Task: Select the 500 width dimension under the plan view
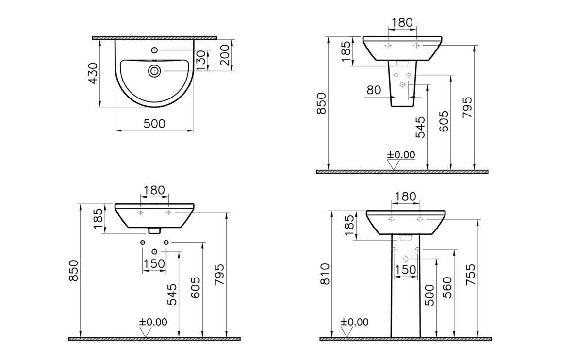(154, 124)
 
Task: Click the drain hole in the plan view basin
(154, 71)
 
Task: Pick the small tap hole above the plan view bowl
(154, 50)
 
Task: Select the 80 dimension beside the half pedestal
(374, 90)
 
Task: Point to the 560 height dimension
(447, 287)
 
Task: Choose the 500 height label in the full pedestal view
(429, 295)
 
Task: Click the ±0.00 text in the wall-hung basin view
(153, 322)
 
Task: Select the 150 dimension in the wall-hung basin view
(154, 263)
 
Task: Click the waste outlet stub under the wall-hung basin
(154, 231)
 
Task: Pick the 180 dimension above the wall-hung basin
(154, 190)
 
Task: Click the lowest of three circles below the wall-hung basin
(154, 251)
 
